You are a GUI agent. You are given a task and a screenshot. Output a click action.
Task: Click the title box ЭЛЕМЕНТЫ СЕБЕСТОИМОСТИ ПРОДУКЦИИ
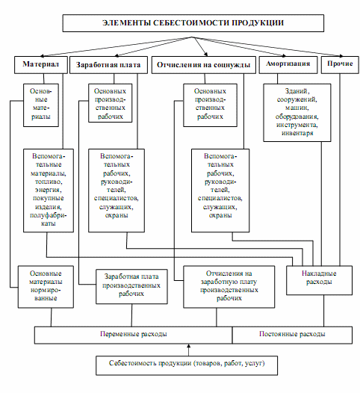(x=193, y=23)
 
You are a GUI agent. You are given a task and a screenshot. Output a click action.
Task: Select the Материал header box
(x=41, y=65)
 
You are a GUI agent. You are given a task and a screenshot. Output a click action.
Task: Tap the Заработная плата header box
(x=108, y=65)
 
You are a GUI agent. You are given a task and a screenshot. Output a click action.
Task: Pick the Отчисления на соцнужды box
(x=204, y=65)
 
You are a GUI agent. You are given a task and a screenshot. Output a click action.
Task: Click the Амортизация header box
(x=288, y=65)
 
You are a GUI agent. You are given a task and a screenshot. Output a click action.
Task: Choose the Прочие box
(x=340, y=65)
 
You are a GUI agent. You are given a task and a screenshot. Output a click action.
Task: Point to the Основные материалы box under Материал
(x=41, y=105)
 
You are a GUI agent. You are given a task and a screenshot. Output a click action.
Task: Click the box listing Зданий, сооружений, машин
(x=297, y=113)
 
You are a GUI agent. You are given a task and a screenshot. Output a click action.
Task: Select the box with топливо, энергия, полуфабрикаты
(x=49, y=191)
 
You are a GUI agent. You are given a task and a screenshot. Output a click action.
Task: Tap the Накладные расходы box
(x=319, y=280)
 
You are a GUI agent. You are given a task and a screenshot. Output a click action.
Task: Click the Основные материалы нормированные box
(x=46, y=287)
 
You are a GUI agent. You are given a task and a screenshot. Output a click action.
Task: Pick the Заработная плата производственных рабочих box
(x=131, y=286)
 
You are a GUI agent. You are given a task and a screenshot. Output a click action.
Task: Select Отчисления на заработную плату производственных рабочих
(x=229, y=287)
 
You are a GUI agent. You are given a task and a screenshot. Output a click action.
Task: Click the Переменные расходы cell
(x=133, y=335)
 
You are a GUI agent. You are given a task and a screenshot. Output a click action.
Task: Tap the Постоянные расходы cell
(x=292, y=335)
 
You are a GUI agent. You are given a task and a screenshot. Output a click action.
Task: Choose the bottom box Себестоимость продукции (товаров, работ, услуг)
(x=187, y=365)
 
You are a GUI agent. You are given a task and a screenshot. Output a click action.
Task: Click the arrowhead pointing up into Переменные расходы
(x=189, y=346)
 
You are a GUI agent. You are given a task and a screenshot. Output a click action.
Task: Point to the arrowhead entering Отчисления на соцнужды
(x=206, y=54)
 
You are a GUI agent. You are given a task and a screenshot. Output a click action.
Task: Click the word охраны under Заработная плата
(x=117, y=215)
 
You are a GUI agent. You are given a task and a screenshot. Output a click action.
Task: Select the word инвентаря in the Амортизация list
(x=297, y=133)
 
